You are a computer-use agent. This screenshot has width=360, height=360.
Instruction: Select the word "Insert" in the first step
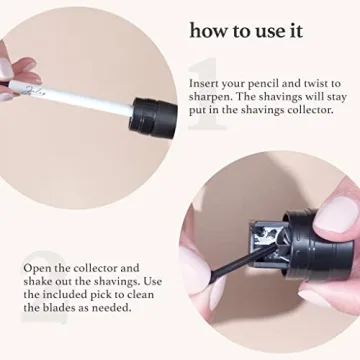tap(204, 83)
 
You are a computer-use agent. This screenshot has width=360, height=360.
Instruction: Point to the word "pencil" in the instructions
tap(268, 83)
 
